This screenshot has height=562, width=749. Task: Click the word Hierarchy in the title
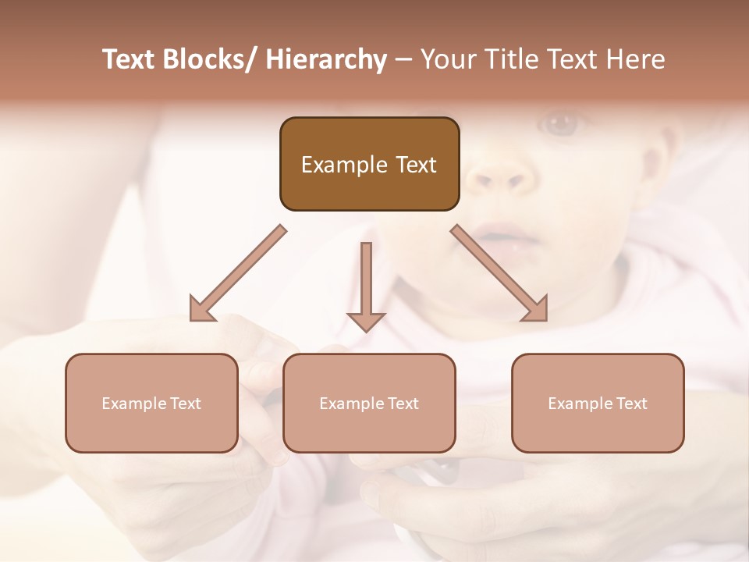click(326, 60)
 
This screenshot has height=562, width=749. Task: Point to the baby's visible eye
click(561, 123)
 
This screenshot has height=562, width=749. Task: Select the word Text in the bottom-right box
click(630, 404)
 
